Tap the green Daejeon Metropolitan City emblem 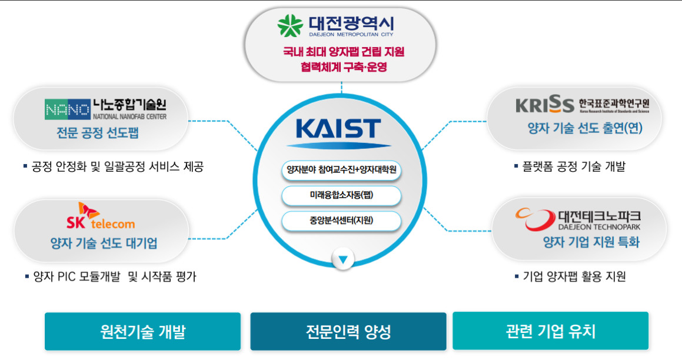click(290, 25)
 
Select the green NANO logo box click(68, 109)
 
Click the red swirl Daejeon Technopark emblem click(535, 219)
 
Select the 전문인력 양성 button click(348, 331)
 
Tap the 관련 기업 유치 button click(551, 331)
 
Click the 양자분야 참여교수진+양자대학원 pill click(341, 170)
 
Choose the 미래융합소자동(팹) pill click(341, 195)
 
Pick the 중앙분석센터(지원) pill click(341, 221)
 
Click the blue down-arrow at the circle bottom click(342, 259)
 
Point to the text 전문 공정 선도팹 click(98, 132)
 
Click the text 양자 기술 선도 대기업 click(104, 243)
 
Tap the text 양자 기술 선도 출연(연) click(585, 128)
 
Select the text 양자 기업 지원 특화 click(591, 242)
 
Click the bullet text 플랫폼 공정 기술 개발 click(573, 166)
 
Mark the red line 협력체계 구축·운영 click(344, 67)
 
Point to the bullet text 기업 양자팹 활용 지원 click(574, 276)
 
